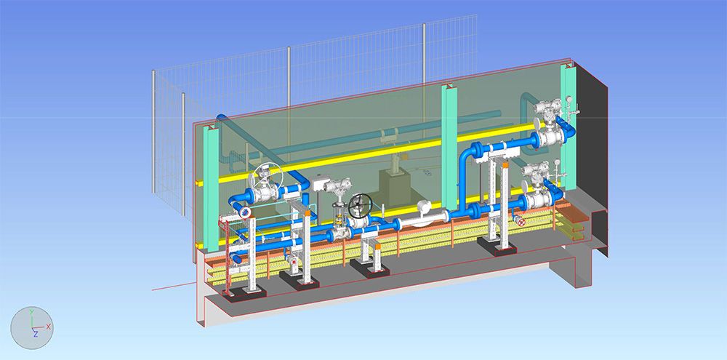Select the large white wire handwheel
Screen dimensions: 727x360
(267, 180)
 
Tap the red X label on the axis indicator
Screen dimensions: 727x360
(48, 327)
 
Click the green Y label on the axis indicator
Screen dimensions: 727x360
(31, 312)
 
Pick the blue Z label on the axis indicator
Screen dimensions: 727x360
(35, 334)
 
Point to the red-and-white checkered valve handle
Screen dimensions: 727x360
(521, 223)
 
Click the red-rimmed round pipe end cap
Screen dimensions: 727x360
(245, 212)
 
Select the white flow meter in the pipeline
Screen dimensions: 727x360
(425, 215)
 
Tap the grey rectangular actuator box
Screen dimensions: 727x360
(320, 183)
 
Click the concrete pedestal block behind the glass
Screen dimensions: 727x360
(395, 186)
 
